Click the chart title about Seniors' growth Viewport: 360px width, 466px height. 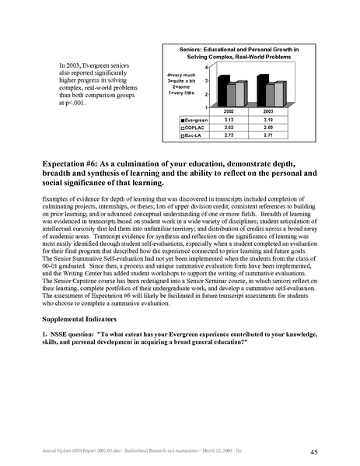tap(240, 54)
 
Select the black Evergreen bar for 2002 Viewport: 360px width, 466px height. tap(224, 91)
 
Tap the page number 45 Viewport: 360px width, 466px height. tap(313, 450)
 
